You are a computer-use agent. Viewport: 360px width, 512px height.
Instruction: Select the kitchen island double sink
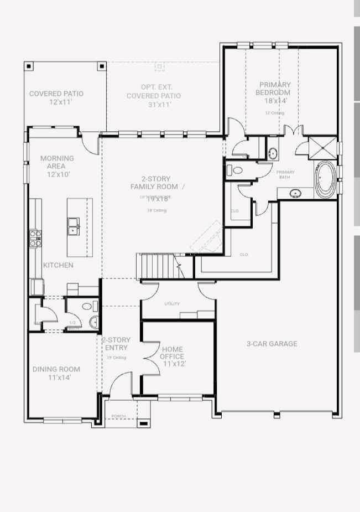[x=73, y=226]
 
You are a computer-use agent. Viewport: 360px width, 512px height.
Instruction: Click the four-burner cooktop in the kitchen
[x=35, y=238]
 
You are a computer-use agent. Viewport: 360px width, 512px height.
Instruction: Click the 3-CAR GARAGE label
[x=272, y=344]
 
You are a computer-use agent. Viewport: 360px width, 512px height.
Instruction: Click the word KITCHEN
[x=58, y=265]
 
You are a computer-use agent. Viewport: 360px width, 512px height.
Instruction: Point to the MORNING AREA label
[x=57, y=162]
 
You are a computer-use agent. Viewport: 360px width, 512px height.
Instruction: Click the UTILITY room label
[x=172, y=304]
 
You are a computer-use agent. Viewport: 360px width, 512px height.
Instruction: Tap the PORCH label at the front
[x=118, y=416]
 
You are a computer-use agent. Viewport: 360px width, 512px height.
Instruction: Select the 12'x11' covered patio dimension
[x=57, y=102]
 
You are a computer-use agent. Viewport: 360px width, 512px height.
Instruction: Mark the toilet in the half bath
[x=87, y=306]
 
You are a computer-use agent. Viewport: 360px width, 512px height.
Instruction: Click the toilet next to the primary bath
[x=237, y=170]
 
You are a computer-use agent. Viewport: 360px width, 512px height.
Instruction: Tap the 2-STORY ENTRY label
[x=116, y=344]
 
